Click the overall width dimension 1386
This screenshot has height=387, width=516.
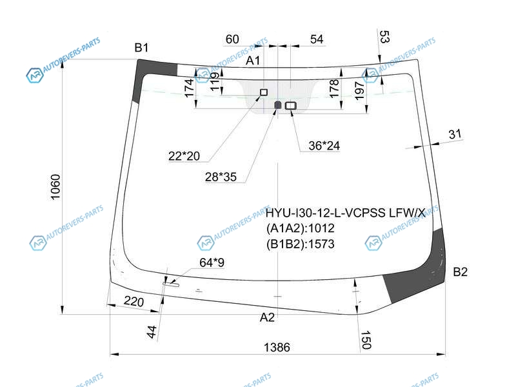point(277,347)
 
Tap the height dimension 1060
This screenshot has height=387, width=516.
point(55,186)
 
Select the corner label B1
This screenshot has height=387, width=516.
point(141,48)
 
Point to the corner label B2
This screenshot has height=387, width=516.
point(460,272)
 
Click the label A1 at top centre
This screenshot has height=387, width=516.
point(253,61)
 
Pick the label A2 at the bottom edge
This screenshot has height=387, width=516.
point(267,317)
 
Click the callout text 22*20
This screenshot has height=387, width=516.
point(184,156)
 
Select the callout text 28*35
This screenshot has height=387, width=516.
point(221,177)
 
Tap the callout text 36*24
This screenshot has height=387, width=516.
point(324,146)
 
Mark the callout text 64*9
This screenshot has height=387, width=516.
point(212,263)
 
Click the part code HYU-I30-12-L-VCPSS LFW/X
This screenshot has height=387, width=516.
point(345,213)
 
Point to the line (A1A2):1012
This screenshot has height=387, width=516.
point(301,228)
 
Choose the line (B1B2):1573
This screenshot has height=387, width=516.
point(301,244)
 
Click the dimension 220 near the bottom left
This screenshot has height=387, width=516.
point(134,301)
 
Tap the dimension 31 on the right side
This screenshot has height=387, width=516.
point(455,134)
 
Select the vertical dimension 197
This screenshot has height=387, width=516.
point(359,90)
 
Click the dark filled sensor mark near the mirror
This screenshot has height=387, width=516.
point(278,105)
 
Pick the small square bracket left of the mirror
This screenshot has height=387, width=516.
point(264,92)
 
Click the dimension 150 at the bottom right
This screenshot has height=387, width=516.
point(366,340)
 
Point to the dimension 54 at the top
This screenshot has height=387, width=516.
point(317,39)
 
